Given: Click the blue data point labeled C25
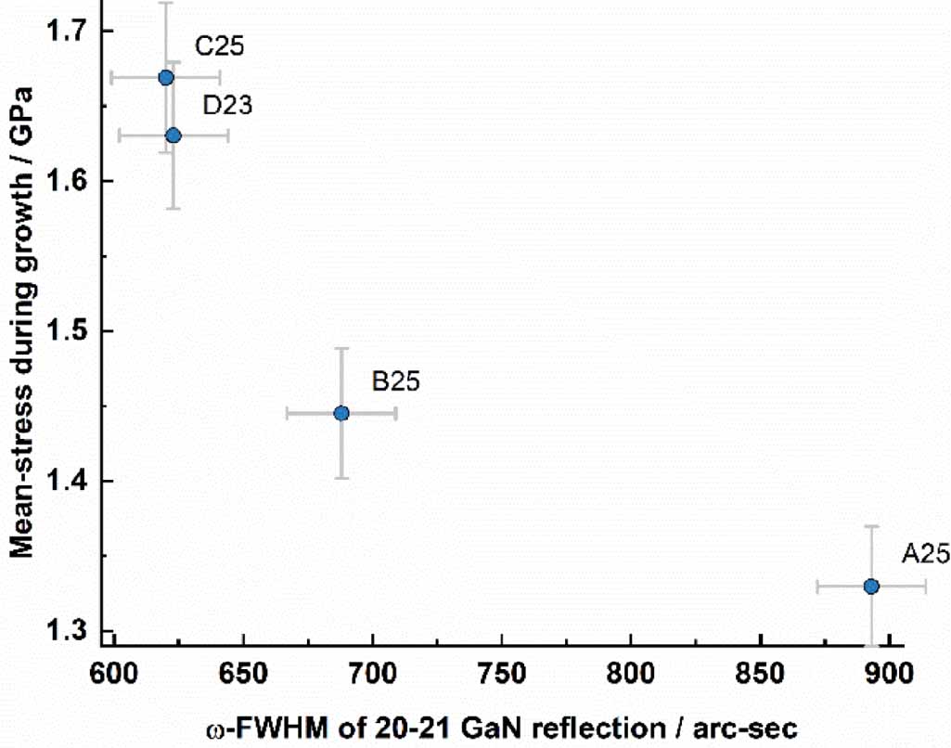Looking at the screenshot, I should pos(166,77).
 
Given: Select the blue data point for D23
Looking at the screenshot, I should pos(173,135).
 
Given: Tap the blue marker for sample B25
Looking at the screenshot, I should pos(341,413).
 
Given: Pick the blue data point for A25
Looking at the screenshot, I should pos(871,587).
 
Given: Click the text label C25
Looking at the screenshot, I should pos(219,46).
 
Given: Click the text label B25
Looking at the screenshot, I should pos(396,381).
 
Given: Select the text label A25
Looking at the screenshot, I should pos(926,555).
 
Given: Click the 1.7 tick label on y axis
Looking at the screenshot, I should pos(66,31).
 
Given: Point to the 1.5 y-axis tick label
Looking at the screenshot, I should pos(66,331).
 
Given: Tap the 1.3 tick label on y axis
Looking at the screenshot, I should pos(66,632).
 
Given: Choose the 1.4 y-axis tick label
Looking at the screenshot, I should pos(66,482).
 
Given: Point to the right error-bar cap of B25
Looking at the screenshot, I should pos(396,413).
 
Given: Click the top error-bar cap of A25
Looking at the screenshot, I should pos(871,526).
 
